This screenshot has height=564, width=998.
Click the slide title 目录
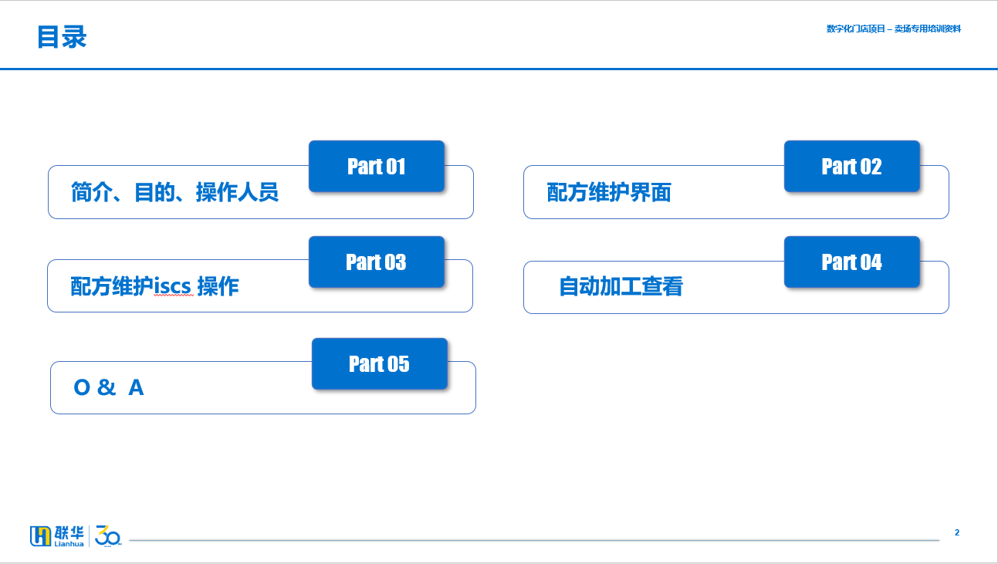pyautogui.click(x=62, y=36)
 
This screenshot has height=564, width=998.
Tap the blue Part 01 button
pyautogui.click(x=377, y=166)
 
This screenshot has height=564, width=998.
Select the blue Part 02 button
pyautogui.click(x=852, y=166)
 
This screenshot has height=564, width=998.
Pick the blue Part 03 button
pyautogui.click(x=377, y=262)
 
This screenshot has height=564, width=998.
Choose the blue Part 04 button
pyautogui.click(x=852, y=262)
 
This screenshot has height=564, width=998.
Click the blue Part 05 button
pyautogui.click(x=380, y=363)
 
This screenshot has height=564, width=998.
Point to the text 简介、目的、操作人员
pyautogui.click(x=174, y=192)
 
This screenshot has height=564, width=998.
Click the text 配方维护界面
pyautogui.click(x=609, y=192)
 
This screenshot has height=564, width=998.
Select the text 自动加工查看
pyautogui.click(x=621, y=286)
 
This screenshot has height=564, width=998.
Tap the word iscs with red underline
pyautogui.click(x=173, y=286)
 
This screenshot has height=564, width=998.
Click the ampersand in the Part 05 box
pyautogui.click(x=107, y=387)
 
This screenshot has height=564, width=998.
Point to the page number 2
pyautogui.click(x=957, y=532)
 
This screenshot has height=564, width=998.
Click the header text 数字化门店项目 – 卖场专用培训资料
pyautogui.click(x=893, y=29)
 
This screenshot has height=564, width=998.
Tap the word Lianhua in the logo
pyautogui.click(x=69, y=544)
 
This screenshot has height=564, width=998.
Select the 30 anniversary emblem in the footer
pyautogui.click(x=108, y=535)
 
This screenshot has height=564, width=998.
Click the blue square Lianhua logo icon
pyautogui.click(x=40, y=535)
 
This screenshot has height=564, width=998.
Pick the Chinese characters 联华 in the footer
pyautogui.click(x=69, y=532)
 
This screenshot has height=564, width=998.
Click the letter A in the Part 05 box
pyautogui.click(x=136, y=387)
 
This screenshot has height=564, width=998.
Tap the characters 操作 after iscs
pyautogui.click(x=218, y=286)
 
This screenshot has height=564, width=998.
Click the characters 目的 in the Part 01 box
pyautogui.click(x=154, y=192)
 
